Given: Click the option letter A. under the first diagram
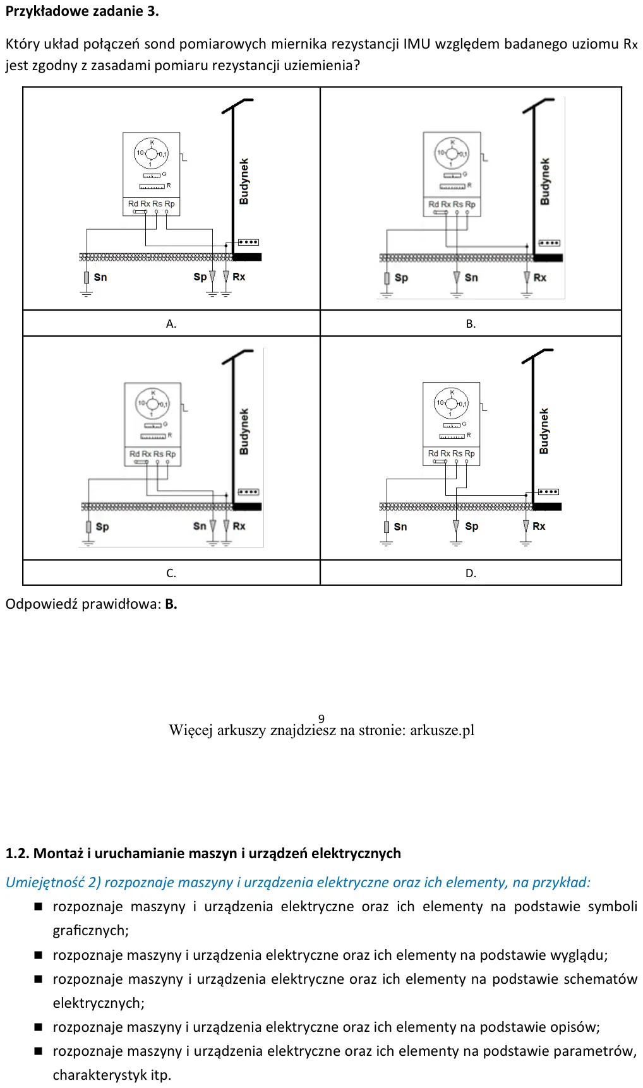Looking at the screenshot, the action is (x=171, y=324).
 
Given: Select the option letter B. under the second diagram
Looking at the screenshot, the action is (x=471, y=324).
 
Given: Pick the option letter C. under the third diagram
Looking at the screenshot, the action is (x=171, y=573).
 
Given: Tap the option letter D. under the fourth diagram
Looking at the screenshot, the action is (x=471, y=573).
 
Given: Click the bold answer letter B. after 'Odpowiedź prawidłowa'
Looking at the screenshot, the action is (x=171, y=604).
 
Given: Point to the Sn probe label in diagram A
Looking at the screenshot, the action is (x=100, y=277).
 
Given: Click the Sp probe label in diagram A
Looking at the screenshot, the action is (x=200, y=277).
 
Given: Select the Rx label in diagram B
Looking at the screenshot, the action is (x=540, y=277).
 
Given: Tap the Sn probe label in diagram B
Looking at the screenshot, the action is (x=471, y=277).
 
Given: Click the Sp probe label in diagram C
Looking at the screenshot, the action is (x=102, y=527).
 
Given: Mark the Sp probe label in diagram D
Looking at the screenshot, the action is (x=472, y=526).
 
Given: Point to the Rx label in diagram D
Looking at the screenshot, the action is (x=539, y=526).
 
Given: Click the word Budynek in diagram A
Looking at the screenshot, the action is (x=244, y=181).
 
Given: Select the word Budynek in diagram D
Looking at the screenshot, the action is (x=544, y=431).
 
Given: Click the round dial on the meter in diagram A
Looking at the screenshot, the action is (x=152, y=153).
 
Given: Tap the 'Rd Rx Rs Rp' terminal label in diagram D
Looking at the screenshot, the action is (x=452, y=453).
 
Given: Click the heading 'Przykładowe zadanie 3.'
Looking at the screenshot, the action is (x=82, y=11).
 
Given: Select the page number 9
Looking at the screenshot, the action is (x=321, y=719).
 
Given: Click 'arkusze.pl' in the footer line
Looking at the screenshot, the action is (x=442, y=731).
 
